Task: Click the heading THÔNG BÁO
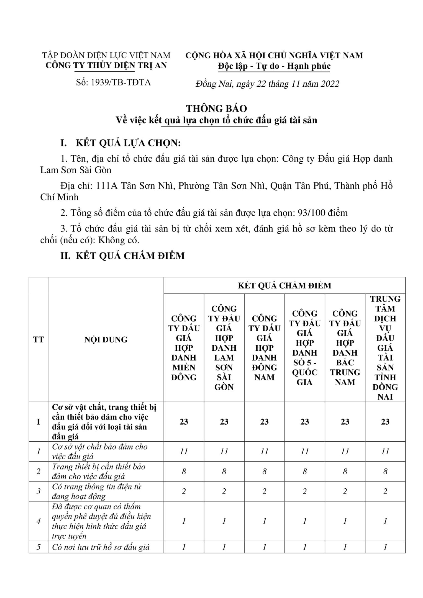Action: click(216, 108)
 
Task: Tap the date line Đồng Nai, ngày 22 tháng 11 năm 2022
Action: click(267, 84)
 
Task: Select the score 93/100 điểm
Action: click(322, 213)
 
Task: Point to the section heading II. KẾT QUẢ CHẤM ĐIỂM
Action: click(122, 256)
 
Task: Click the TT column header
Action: click(39, 339)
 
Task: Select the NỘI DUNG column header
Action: click(106, 339)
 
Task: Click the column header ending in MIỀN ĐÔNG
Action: click(184, 347)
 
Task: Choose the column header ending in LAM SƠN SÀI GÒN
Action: click(224, 347)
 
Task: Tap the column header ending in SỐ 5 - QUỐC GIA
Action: click(305, 347)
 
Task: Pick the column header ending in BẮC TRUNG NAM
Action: click(345, 347)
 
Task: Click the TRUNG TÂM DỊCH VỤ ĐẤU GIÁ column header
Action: click(385, 347)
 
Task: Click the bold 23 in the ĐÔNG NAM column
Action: click(264, 422)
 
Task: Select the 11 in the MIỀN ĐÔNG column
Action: click(184, 452)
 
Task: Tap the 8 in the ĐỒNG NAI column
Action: click(385, 471)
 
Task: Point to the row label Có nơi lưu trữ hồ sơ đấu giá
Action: click(101, 547)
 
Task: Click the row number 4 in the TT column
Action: click(39, 521)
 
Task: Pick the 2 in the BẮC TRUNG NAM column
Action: click(345, 491)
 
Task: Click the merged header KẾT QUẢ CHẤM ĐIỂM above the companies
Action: click(284, 285)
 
